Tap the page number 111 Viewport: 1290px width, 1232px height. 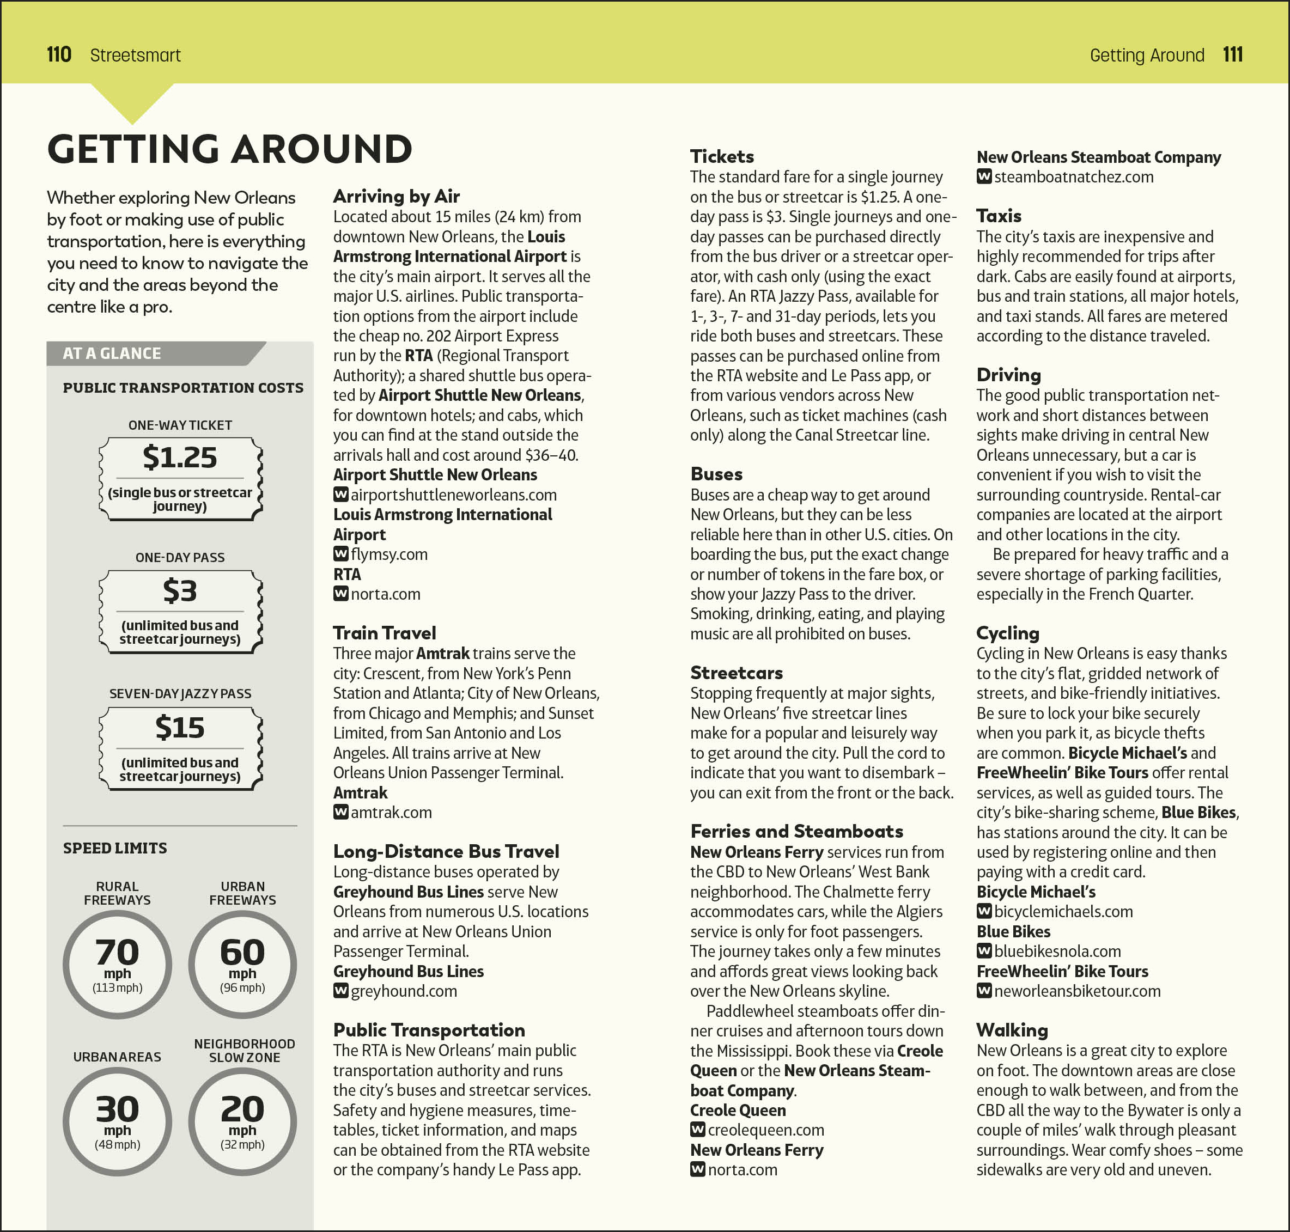coord(1232,54)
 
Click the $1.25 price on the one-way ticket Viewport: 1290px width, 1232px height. coord(179,457)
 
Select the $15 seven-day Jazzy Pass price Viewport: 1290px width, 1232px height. coord(179,728)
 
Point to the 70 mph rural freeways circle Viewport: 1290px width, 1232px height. coord(118,964)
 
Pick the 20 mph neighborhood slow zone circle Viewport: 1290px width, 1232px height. coord(242,1121)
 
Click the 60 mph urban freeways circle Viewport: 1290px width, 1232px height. coord(242,964)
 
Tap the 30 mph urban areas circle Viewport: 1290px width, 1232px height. coord(118,1121)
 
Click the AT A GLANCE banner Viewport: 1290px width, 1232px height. coord(112,353)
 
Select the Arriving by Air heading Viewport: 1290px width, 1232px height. coord(396,197)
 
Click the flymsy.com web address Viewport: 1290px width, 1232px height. coord(389,554)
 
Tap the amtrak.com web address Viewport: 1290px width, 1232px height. coord(391,813)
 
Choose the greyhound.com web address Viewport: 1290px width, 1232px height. coord(403,991)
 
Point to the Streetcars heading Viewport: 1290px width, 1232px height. coord(737,673)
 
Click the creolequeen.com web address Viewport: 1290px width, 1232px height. coord(765,1130)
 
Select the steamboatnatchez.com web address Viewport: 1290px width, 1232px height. coord(1073,176)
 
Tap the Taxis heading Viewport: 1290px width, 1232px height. coord(999,216)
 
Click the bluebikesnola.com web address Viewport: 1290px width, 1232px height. coord(1057,951)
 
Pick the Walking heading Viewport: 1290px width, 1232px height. coord(1012,1030)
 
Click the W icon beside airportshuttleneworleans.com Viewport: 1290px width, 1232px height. coord(341,495)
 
